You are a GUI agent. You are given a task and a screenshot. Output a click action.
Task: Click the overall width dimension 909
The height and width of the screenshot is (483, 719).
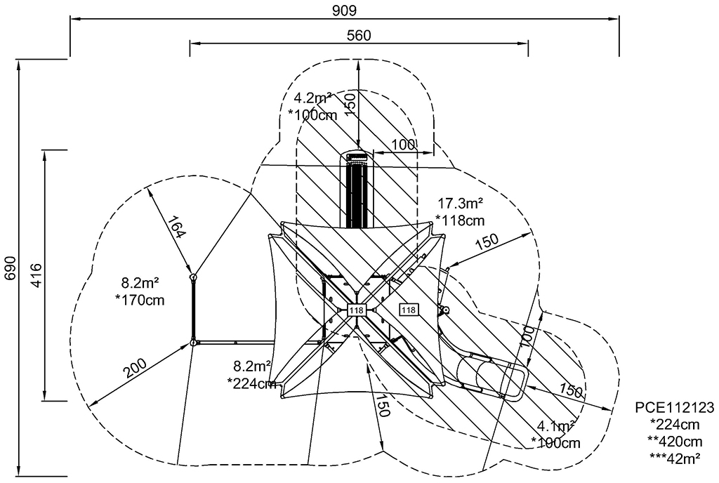pyautogui.click(x=344, y=10)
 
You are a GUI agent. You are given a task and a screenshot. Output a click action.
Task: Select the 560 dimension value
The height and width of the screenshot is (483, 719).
pyautogui.click(x=359, y=35)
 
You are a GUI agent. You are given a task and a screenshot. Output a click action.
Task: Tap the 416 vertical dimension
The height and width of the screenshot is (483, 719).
pyautogui.click(x=36, y=274)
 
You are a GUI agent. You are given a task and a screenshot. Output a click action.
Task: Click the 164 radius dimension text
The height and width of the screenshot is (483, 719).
pyautogui.click(x=176, y=227)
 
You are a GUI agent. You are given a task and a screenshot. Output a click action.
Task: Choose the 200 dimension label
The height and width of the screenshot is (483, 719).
pyautogui.click(x=134, y=368)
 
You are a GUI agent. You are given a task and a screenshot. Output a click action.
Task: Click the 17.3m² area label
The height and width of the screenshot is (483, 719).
pyautogui.click(x=461, y=202)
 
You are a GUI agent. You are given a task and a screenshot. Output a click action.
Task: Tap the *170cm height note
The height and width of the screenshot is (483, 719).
pyautogui.click(x=140, y=300)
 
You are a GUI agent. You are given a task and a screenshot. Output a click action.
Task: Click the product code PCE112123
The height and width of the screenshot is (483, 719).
pyautogui.click(x=675, y=407)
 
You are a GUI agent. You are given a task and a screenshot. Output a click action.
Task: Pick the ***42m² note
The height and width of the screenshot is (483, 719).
pyautogui.click(x=675, y=457)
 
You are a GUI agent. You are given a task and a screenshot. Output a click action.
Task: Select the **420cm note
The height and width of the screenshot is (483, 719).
pyautogui.click(x=675, y=441)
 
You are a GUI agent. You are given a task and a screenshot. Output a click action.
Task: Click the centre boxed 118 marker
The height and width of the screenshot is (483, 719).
pyautogui.click(x=356, y=310)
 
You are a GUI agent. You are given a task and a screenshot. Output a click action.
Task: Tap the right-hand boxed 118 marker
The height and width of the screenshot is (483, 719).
pyautogui.click(x=409, y=310)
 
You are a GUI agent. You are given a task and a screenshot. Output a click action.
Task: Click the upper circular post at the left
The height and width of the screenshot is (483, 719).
pyautogui.click(x=194, y=277)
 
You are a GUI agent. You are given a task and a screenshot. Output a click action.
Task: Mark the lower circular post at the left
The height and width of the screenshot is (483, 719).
pyautogui.click(x=194, y=343)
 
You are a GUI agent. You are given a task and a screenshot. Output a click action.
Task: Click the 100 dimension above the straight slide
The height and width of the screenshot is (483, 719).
pyautogui.click(x=403, y=145)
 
